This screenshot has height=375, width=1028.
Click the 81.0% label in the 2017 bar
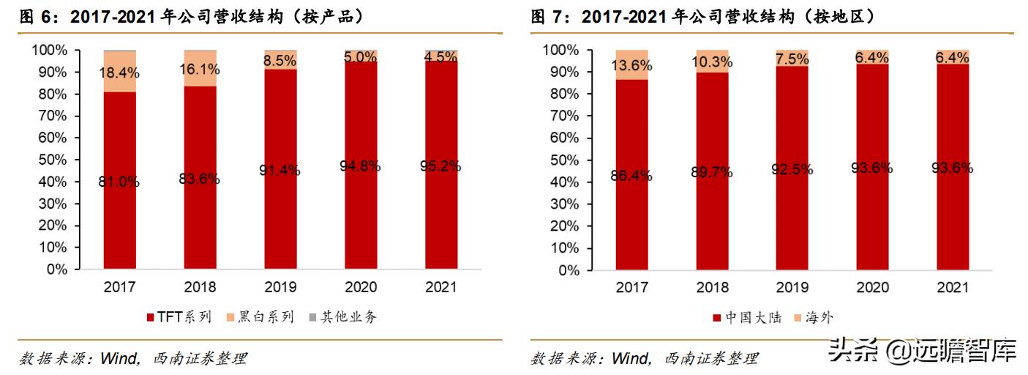click(x=119, y=182)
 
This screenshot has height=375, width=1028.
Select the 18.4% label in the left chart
click(x=119, y=73)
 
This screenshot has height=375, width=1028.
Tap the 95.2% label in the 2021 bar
click(x=440, y=166)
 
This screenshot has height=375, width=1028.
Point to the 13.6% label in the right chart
click(x=631, y=65)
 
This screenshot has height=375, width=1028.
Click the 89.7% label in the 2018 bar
click(x=713, y=172)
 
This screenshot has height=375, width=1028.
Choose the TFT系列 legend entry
click(x=179, y=317)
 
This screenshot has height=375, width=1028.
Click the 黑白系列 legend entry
click(x=260, y=317)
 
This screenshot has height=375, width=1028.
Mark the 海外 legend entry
click(x=813, y=318)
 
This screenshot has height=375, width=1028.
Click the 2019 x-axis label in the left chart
click(x=280, y=286)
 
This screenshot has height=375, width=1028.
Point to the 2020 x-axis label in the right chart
click(x=873, y=287)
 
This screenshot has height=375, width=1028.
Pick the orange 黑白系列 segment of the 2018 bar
click(x=200, y=69)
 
